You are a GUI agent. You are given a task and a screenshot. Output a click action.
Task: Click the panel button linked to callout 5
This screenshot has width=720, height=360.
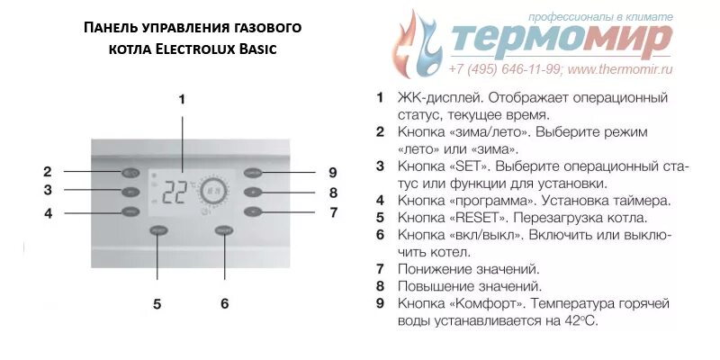pyautogui.click(x=158, y=231)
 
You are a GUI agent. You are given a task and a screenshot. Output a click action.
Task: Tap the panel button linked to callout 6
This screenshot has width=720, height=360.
pyautogui.click(x=224, y=231)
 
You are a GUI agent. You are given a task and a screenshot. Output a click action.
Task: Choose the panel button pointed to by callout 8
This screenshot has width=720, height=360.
pyautogui.click(x=253, y=192)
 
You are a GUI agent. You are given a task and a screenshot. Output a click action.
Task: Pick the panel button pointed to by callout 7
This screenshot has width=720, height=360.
pyautogui.click(x=253, y=212)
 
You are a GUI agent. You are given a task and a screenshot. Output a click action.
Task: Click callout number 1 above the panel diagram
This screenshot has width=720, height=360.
pyautogui.click(x=182, y=99)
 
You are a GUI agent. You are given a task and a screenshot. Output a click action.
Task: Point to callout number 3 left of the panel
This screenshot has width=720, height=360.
pyautogui.click(x=48, y=190)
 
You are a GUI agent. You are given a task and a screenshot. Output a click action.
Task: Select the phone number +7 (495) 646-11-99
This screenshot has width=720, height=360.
pyautogui.click(x=505, y=68)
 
